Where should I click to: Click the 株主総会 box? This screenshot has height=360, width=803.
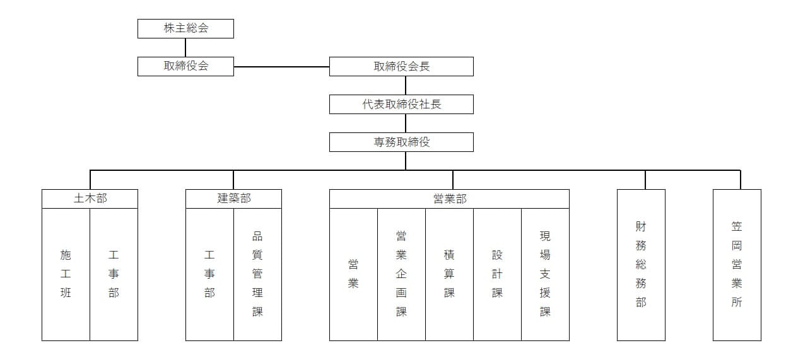185,28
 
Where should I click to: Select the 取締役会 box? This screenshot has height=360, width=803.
185,66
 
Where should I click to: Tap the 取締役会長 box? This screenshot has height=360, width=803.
401,66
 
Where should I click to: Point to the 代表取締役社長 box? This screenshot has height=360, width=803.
401,104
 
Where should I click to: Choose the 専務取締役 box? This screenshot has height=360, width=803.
401,142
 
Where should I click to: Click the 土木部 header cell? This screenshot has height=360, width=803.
90,199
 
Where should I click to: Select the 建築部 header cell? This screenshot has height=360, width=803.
234,199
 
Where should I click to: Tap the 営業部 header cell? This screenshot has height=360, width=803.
449,199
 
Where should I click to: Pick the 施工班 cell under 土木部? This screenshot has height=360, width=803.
66,274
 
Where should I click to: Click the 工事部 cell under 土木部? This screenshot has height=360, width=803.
114,274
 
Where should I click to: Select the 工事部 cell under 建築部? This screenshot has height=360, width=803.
209,274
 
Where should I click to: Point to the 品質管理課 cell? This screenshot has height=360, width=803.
258,274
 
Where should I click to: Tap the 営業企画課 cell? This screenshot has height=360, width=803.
401,274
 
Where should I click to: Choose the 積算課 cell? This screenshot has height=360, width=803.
450,274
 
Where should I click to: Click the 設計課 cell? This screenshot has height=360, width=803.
498,274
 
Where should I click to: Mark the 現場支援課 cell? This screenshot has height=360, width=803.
545,274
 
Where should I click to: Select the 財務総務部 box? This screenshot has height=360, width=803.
641,265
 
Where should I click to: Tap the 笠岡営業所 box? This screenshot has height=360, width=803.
737,265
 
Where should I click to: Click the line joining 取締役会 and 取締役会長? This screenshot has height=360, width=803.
281,67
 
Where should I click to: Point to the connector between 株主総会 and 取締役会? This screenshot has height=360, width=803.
185,48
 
